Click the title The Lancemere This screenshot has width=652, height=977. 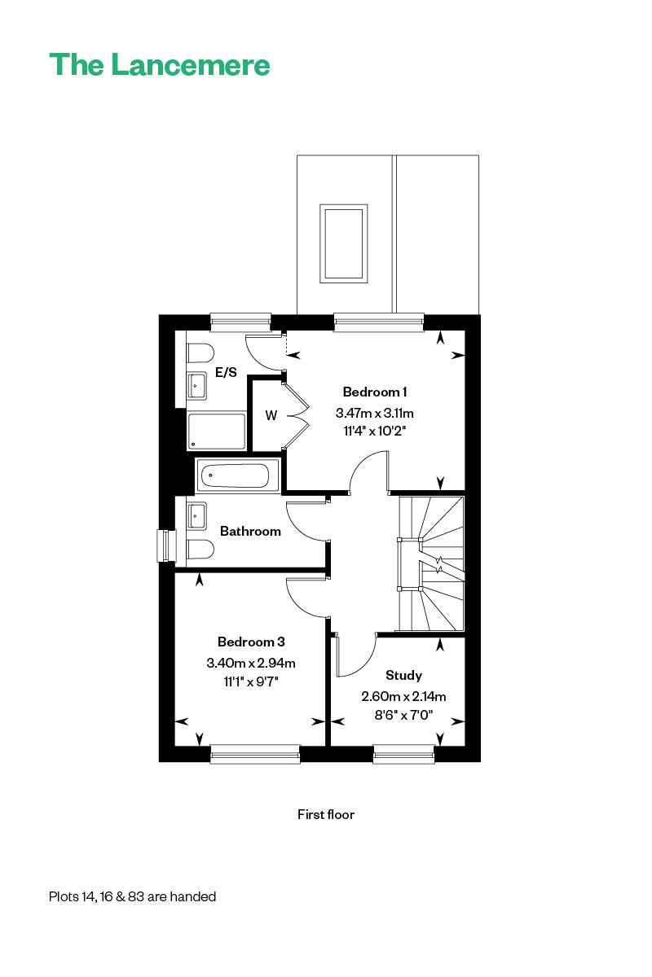point(160,64)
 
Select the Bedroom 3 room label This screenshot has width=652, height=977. point(251,642)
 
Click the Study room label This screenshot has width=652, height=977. point(403,675)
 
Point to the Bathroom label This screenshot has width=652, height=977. point(250,531)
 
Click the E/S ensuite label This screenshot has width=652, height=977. point(226,373)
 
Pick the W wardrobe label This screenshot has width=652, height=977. point(271,415)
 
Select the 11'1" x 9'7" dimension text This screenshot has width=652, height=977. point(251,681)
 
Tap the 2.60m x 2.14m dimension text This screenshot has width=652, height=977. point(403,696)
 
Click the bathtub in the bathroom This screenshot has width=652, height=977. point(237,475)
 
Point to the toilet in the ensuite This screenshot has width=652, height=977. point(198,353)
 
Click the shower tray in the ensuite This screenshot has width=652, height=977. point(216,431)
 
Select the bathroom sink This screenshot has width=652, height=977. point(197,515)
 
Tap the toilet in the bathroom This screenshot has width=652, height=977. point(198,550)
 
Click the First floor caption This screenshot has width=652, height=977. point(326,814)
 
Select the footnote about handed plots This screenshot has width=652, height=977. point(132,896)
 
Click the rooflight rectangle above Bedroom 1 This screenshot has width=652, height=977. point(342,243)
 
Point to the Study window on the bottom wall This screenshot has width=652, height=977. point(404,754)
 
